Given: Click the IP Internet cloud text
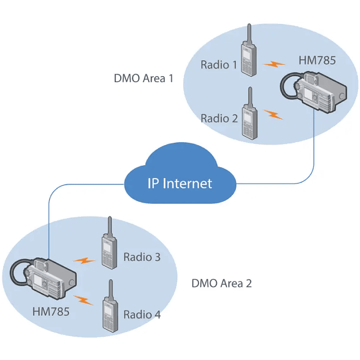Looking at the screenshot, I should point(180,183).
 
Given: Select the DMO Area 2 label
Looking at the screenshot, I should point(221,283).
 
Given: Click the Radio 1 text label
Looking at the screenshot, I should point(219,65).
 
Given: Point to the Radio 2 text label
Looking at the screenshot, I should point(219,118).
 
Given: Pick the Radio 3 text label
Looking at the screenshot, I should point(142,257).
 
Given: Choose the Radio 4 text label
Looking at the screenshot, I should point(142,314).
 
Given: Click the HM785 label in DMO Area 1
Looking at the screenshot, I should point(317,61).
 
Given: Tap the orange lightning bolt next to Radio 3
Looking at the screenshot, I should point(84,261).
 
